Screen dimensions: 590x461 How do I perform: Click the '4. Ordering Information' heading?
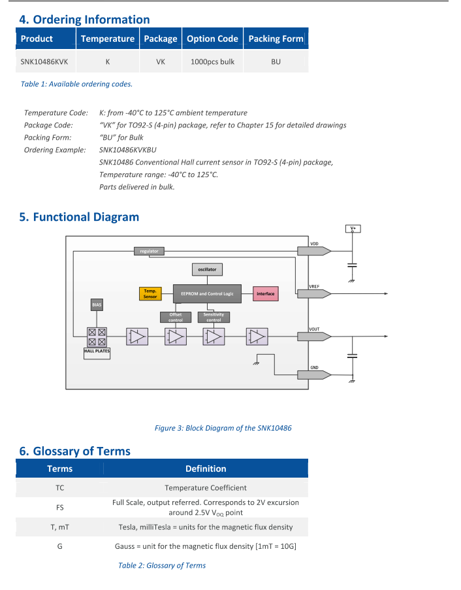(85, 20)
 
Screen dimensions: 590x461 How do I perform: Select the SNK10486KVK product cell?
(44, 62)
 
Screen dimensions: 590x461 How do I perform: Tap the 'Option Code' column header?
(212, 39)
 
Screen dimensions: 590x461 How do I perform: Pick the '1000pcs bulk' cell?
(212, 62)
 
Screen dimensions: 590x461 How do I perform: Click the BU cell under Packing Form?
(276, 62)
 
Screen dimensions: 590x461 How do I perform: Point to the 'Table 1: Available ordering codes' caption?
(76, 84)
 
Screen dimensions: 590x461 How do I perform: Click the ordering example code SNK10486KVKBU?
(128, 150)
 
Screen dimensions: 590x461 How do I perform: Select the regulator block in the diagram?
(149, 251)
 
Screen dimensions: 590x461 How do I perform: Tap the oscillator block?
(208, 269)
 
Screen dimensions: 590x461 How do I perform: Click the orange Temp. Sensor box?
(150, 294)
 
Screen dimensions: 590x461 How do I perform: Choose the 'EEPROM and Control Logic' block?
(207, 294)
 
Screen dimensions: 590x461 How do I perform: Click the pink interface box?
(266, 294)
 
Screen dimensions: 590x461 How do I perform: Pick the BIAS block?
(97, 304)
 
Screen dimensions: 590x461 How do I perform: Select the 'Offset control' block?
(176, 318)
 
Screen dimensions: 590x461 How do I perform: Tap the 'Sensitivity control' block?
(214, 318)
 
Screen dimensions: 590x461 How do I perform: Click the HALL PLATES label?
(97, 352)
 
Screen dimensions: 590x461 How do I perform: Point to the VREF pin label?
(314, 286)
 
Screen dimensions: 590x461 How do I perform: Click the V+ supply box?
(353, 229)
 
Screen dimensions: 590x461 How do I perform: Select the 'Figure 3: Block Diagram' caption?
(223, 428)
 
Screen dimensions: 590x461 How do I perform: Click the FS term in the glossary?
(59, 507)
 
